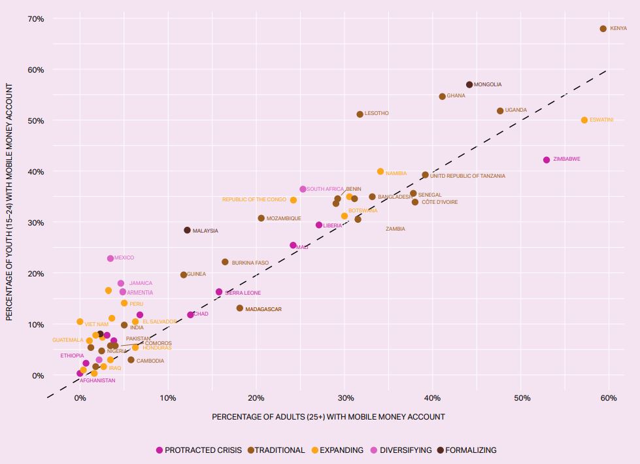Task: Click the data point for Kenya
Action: [x=603, y=29]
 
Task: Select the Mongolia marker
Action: [x=469, y=84]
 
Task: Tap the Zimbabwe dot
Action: [x=547, y=159]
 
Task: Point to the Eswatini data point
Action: [x=584, y=120]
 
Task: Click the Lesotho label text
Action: [x=376, y=114]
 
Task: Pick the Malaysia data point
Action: [x=187, y=230]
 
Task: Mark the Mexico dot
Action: [x=110, y=258]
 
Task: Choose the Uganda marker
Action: [x=500, y=110]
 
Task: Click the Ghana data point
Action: [x=442, y=96]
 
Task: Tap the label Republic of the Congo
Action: [x=254, y=199]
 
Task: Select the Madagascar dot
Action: [x=239, y=308]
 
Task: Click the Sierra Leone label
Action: [x=243, y=293]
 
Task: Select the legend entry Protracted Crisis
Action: [x=199, y=450]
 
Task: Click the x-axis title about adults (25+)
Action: [x=328, y=417]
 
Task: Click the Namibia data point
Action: [x=380, y=171]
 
